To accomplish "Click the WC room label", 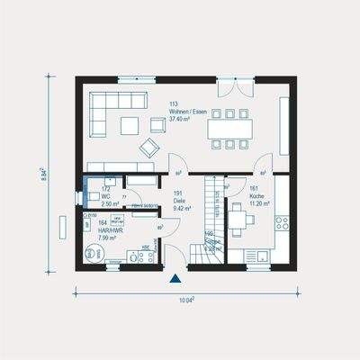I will [x=105, y=197].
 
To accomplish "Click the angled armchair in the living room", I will [x=147, y=148].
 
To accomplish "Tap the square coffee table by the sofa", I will [x=131, y=124].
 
